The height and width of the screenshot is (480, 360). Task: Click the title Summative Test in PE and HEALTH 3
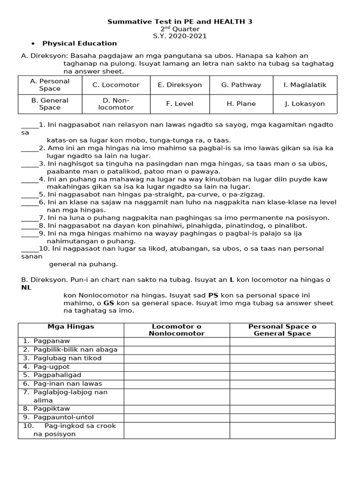(180, 22)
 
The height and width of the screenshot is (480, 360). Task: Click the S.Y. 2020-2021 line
(180, 36)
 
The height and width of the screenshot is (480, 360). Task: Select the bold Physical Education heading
(80, 44)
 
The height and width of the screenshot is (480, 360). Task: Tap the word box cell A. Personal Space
(50, 85)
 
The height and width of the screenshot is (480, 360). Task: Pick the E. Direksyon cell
(180, 85)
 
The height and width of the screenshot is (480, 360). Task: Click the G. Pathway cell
(241, 85)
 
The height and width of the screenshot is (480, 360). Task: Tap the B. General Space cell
(50, 104)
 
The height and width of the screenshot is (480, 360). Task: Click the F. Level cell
(180, 104)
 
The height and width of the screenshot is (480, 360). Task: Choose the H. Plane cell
(241, 104)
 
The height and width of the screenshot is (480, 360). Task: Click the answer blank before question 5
(30, 195)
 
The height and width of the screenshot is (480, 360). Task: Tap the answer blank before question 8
(30, 226)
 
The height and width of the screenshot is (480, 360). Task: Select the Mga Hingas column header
(71, 327)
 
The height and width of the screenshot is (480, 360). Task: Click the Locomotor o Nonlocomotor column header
(177, 330)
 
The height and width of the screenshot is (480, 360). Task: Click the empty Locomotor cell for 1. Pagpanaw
(177, 341)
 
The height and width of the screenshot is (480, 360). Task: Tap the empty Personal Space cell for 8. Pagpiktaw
(282, 409)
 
